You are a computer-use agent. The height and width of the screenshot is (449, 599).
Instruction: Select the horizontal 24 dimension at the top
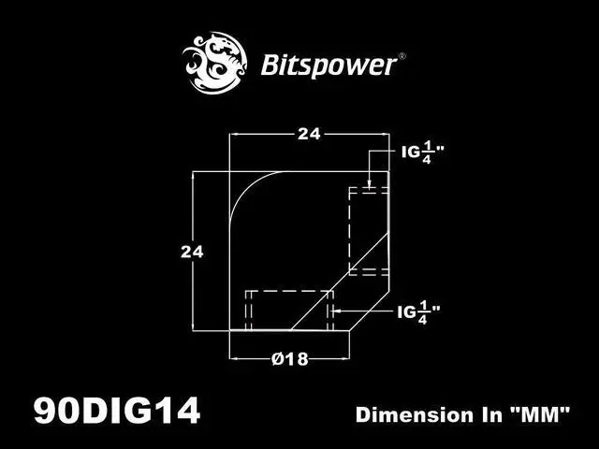pos(309,134)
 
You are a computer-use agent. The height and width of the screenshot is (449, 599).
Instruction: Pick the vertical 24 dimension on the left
pos(192,251)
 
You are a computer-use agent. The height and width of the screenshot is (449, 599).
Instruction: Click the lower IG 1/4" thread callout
pos(418,311)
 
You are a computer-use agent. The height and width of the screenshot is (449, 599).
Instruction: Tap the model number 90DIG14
pos(117,412)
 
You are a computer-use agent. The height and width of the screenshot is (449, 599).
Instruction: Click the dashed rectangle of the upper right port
pos(368,230)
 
